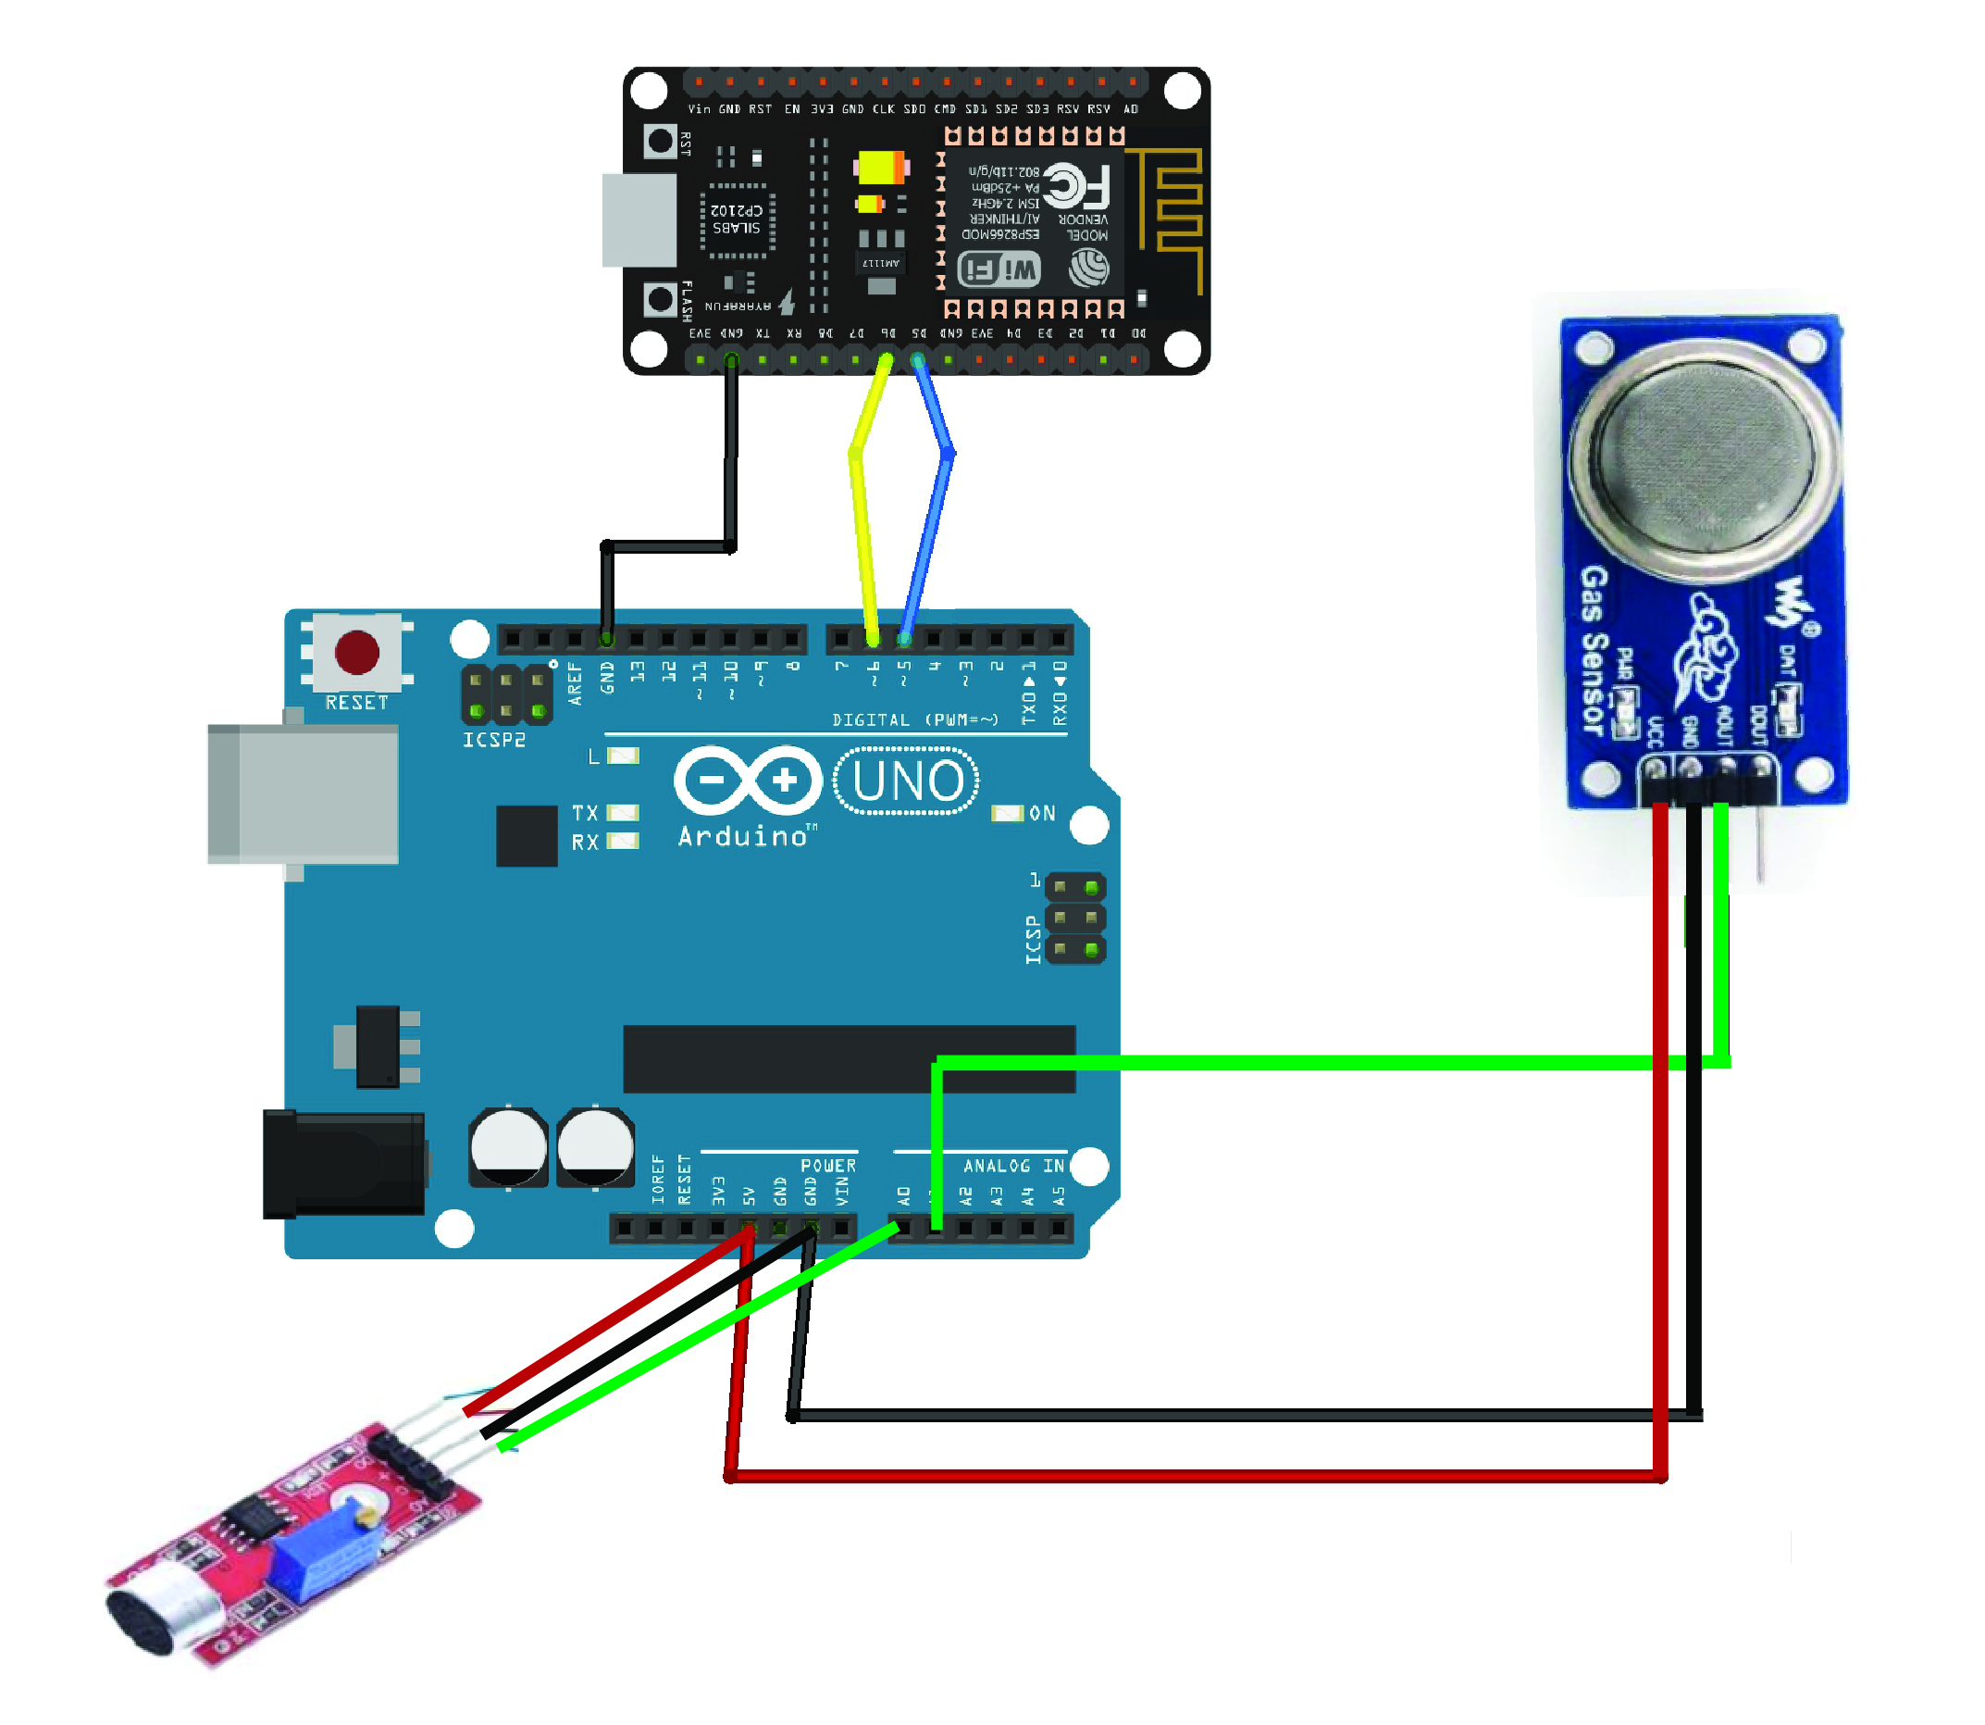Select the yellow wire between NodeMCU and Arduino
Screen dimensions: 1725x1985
point(862,539)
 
